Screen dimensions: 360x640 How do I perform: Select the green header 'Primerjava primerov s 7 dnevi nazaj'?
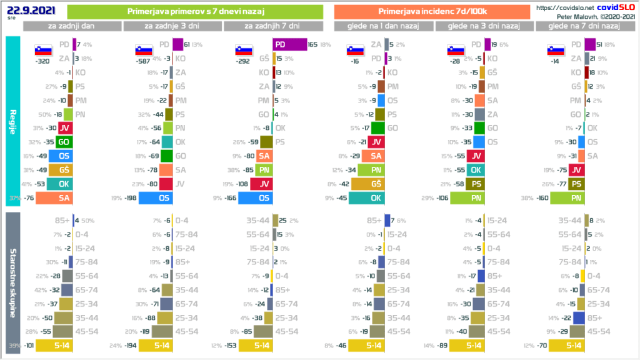tap(194, 11)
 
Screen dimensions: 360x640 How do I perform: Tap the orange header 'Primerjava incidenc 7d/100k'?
tap(432, 11)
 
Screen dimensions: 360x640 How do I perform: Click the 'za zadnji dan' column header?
tap(72, 26)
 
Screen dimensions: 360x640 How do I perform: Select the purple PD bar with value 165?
tap(290, 45)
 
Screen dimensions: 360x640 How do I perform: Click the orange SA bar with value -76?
tap(55, 198)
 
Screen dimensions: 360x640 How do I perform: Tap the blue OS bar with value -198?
tap(155, 198)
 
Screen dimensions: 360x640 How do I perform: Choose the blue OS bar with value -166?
tap(255, 198)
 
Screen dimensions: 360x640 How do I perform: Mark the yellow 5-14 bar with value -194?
tap(155, 346)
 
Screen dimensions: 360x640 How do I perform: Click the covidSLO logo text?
tap(602, 7)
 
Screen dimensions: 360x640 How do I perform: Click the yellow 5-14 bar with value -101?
tap(55, 346)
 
